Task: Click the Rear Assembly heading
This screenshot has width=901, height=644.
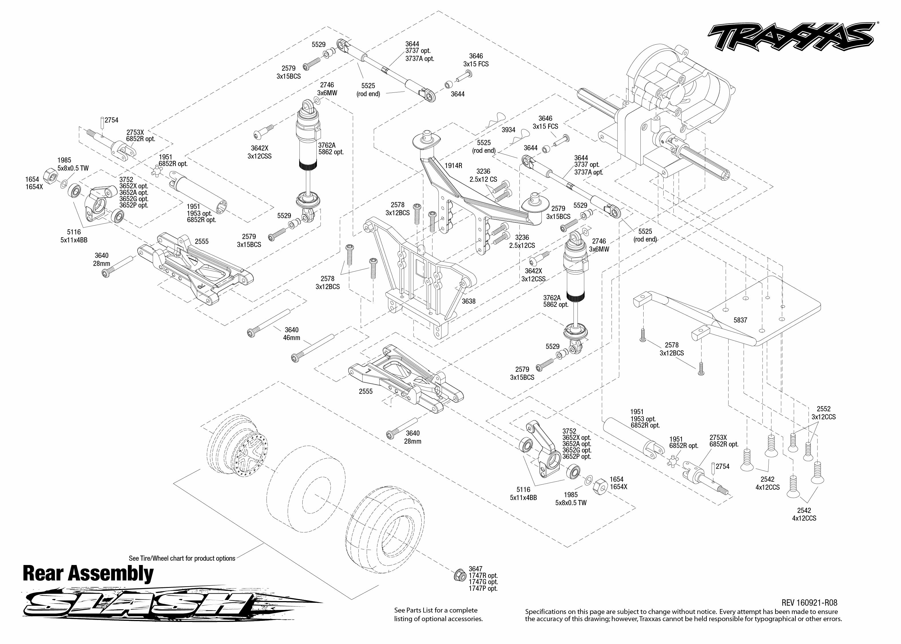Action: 88,574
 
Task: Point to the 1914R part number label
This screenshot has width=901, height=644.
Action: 453,166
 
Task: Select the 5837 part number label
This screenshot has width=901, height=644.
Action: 740,320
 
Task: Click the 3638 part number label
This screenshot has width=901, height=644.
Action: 468,301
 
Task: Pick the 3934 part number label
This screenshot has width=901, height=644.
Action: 508,130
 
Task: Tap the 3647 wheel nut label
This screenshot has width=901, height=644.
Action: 475,569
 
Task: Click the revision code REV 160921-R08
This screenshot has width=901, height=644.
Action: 809,603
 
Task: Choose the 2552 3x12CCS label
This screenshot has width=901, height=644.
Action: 823,413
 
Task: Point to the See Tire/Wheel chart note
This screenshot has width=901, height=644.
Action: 182,558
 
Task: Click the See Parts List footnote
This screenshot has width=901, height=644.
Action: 438,614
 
